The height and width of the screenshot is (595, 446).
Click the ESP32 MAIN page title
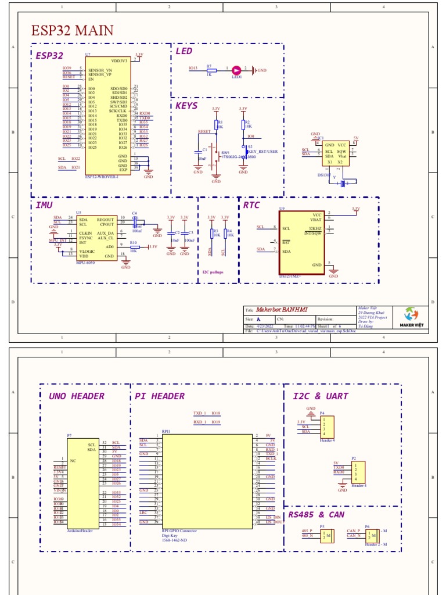72,30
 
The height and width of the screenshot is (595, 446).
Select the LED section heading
184,52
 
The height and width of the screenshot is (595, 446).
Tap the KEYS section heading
186,106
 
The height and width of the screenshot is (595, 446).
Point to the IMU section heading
44,205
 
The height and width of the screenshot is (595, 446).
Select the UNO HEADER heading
77,396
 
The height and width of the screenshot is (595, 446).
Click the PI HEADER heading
160,396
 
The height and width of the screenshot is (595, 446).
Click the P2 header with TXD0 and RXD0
357,471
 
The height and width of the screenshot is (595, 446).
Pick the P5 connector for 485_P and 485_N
327,534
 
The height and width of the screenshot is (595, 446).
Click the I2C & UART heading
321,396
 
